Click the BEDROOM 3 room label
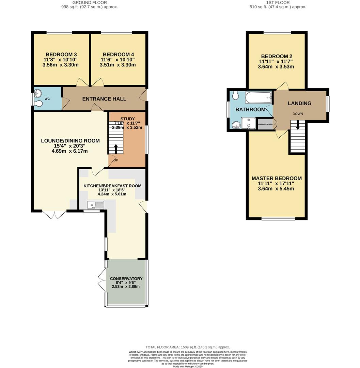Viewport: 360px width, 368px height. [61, 55]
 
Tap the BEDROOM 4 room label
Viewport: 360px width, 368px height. [118, 55]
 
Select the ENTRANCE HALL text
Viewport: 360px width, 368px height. [104, 99]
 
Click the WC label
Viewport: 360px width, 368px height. [47, 99]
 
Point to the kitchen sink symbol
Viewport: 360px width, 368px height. [95, 205]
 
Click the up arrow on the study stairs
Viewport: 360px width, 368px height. [116, 149]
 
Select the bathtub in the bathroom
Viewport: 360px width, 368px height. [259, 98]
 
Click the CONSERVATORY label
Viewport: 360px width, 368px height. [126, 278]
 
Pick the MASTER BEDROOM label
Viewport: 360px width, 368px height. [277, 179]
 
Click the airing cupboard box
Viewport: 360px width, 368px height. [265, 124]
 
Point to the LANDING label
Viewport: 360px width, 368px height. [300, 103]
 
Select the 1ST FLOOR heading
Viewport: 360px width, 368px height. [278, 3]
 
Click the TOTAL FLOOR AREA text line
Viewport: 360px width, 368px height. [188, 347]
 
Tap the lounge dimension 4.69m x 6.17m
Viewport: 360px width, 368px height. [71, 151]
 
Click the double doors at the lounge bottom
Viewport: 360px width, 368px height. [54, 214]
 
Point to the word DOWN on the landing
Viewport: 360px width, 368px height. [297, 114]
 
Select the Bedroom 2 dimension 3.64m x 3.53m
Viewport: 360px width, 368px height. [276, 67]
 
